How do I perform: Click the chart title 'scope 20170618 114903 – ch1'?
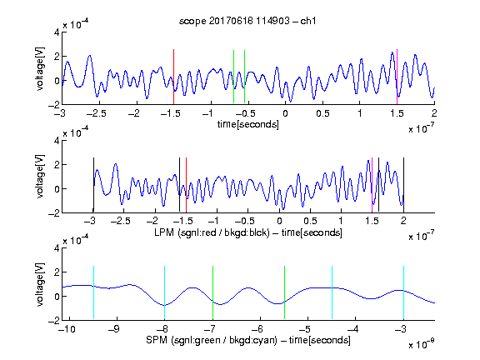click(247, 21)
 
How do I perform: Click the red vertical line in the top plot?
click(173, 77)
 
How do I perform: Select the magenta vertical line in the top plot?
click(397, 77)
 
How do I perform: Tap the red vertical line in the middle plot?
click(186, 185)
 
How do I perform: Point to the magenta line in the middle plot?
click(372, 185)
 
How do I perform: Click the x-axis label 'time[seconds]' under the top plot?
click(248, 124)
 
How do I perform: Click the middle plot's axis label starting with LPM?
click(248, 232)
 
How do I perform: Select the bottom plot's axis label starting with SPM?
click(248, 340)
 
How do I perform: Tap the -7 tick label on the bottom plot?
click(212, 329)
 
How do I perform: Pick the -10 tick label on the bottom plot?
click(67, 329)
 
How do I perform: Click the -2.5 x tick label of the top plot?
click(96, 113)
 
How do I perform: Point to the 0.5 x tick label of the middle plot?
click(310, 221)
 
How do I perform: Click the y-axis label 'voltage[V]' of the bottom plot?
click(40, 284)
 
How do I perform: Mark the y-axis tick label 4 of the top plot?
click(57, 32)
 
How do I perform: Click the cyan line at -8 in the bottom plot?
click(164, 292)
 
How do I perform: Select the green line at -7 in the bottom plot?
click(212, 292)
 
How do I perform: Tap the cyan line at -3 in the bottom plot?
click(403, 292)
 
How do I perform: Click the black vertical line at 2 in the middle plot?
click(403, 185)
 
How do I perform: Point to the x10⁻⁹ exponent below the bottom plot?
click(421, 344)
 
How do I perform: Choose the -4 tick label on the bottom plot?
click(354, 329)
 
